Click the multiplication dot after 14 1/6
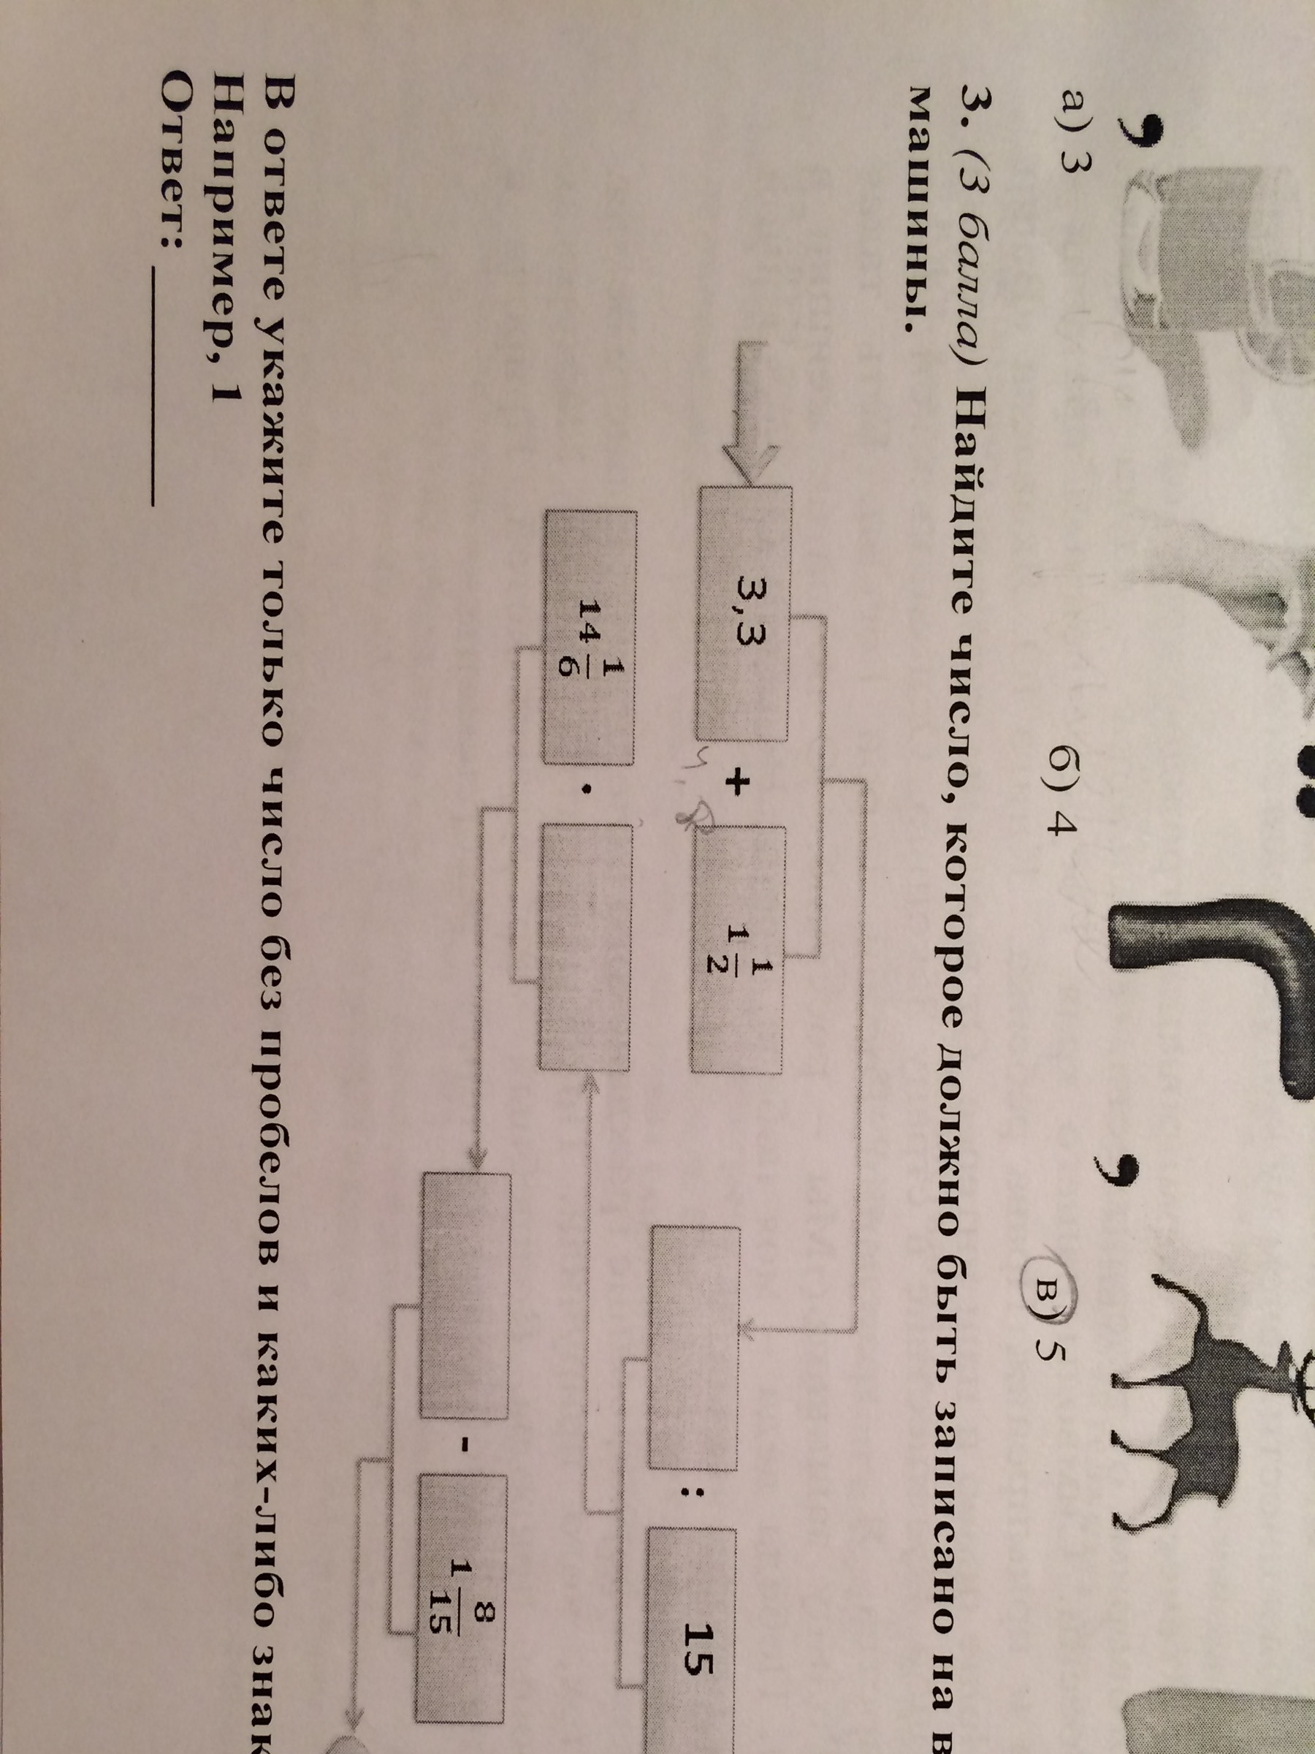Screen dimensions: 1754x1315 [587, 789]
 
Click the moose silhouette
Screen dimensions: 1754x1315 [1213, 1348]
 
